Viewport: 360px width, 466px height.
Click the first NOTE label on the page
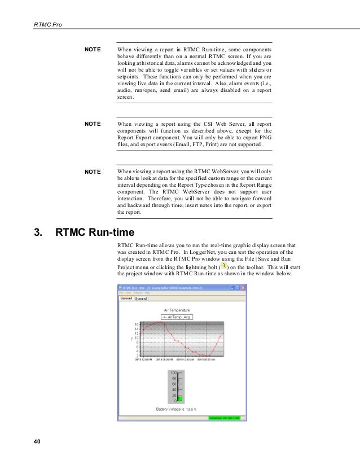[93, 49]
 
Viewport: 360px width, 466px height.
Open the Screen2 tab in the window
[141, 299]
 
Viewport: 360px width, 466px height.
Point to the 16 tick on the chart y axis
[136, 324]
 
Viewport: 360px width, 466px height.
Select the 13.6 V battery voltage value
[192, 409]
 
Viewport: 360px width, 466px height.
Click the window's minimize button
[232, 287]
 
